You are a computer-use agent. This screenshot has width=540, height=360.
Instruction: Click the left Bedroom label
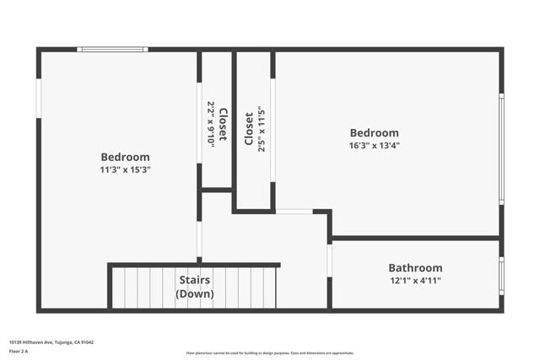point(125,157)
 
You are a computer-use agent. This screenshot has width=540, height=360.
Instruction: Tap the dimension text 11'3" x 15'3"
point(125,169)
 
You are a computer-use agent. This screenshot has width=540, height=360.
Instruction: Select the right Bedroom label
point(375,133)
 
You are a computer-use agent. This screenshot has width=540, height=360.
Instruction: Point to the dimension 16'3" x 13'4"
point(375,145)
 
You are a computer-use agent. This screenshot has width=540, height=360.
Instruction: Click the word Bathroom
point(415,268)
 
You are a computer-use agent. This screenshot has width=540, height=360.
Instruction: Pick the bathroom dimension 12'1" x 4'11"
point(415,281)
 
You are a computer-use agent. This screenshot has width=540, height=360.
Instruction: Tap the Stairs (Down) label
point(194,287)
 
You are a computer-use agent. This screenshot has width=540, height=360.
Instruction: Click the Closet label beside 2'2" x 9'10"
point(223,125)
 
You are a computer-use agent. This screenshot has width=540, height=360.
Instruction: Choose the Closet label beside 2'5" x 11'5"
point(249,128)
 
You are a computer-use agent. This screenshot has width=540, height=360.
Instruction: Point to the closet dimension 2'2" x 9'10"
point(211,125)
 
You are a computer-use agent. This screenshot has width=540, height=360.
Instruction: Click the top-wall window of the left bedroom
point(112,50)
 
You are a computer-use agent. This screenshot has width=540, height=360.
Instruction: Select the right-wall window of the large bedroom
point(501,148)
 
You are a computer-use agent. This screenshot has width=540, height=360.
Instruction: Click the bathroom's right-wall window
point(501,276)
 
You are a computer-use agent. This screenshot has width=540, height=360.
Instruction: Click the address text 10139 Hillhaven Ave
point(51,341)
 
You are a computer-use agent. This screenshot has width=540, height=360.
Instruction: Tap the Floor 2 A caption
point(19,350)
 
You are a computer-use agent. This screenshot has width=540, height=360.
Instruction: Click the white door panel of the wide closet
point(273,130)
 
